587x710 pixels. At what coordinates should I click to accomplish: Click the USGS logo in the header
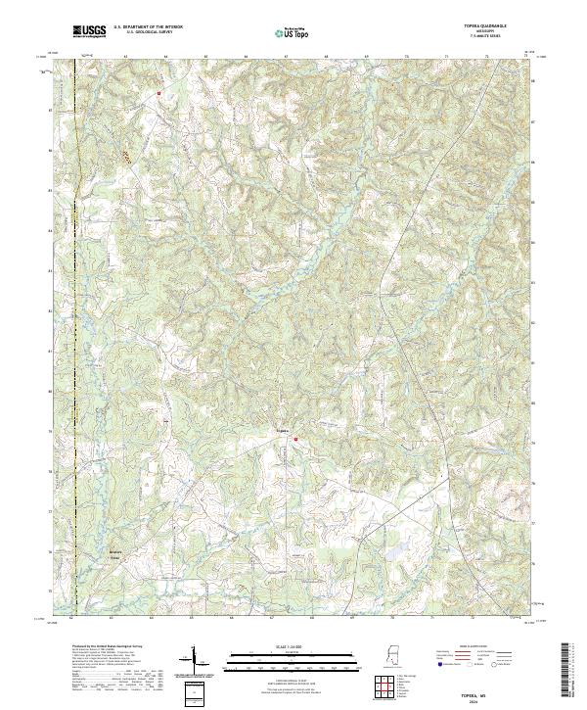pos(90,31)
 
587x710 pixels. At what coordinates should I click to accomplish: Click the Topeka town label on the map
pos(281,430)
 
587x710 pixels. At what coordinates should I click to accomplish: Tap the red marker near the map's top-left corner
pos(158,93)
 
